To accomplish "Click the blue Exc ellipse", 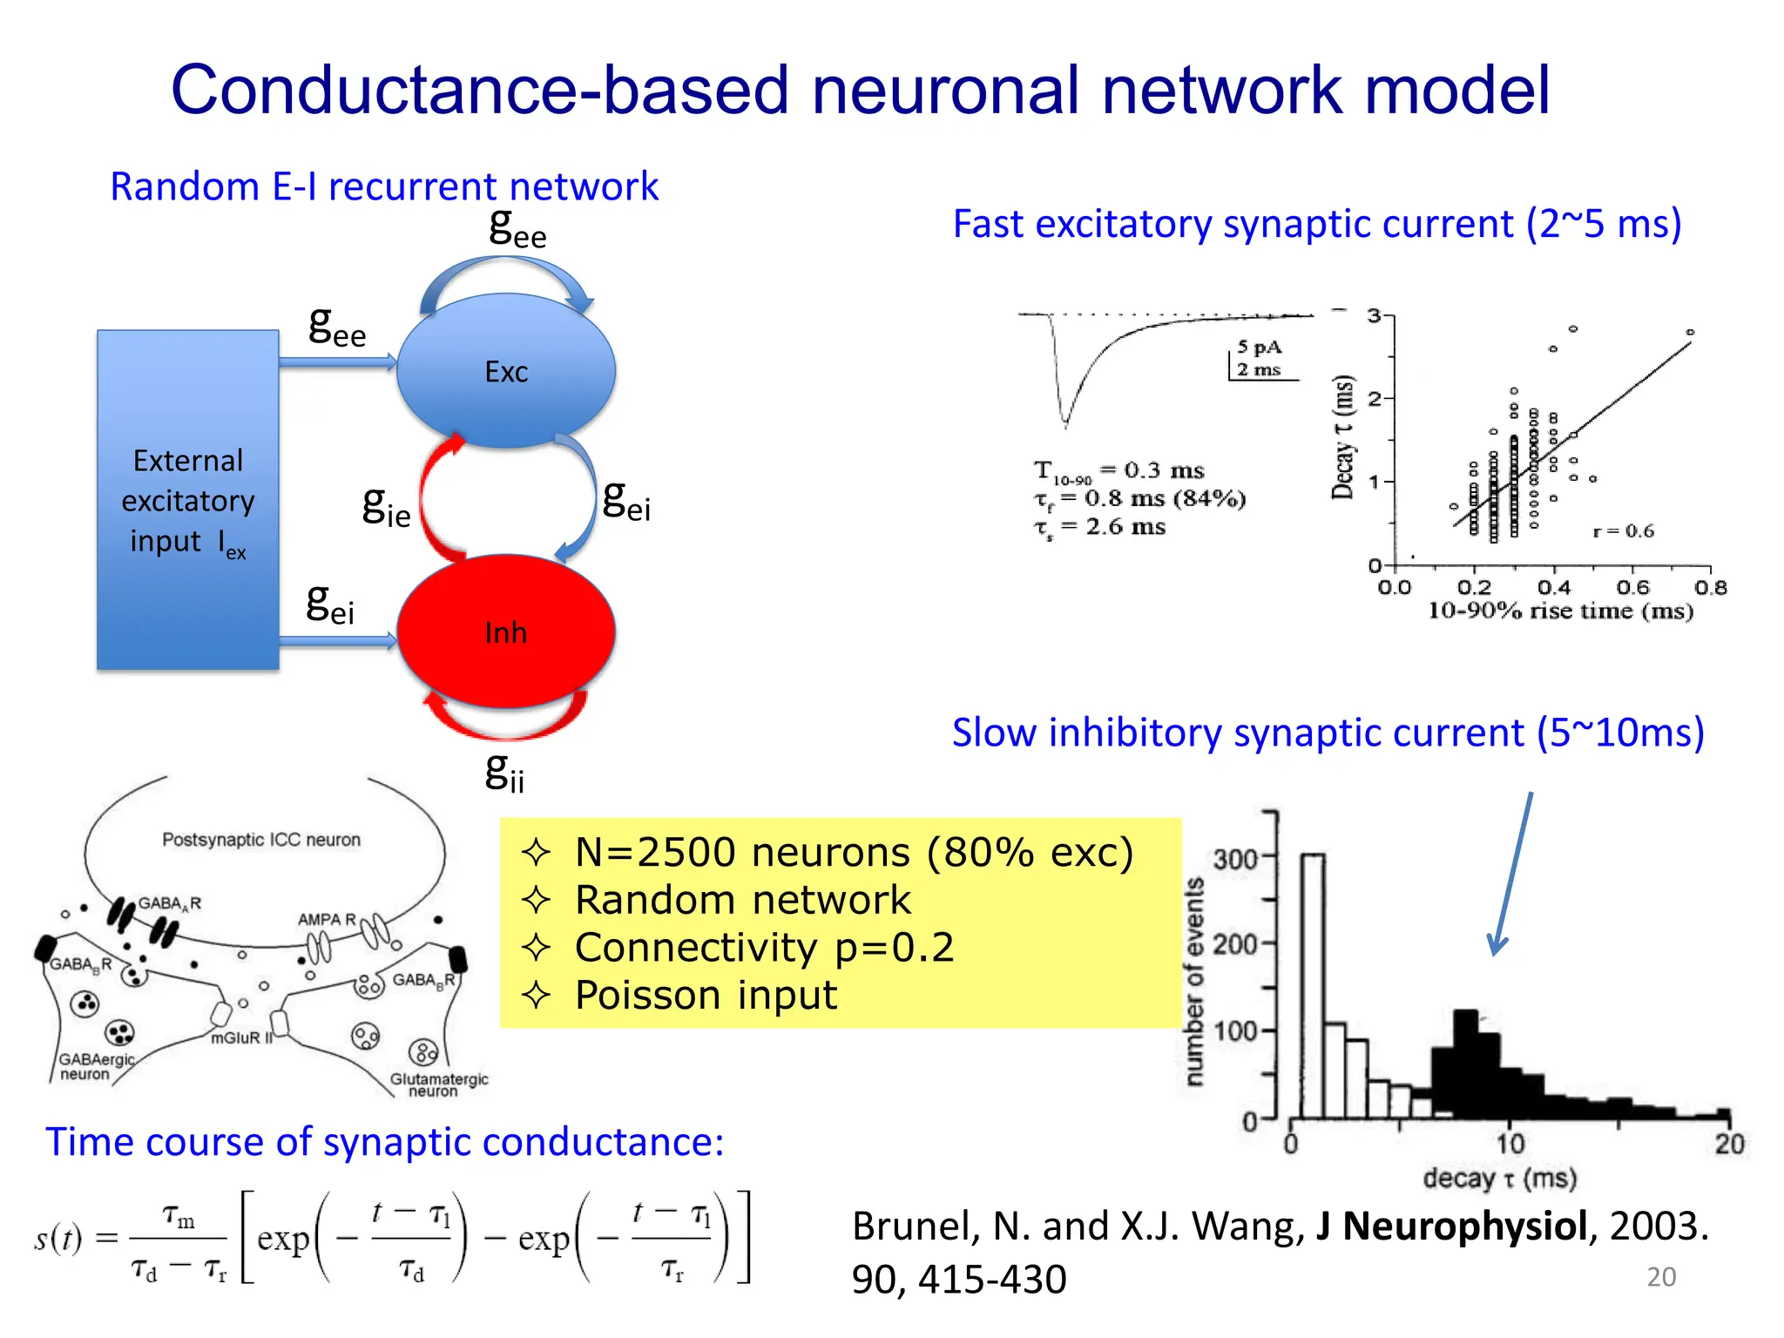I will pos(505,371).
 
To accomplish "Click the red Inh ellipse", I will pos(505,632).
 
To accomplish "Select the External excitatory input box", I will pos(187,500).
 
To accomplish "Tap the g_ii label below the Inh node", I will pos(504,772).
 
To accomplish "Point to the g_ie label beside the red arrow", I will pos(386,506).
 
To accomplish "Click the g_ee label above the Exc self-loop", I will pos(517,227).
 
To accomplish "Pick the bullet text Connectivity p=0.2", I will pos(764,948).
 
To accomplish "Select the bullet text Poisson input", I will pos(706,996).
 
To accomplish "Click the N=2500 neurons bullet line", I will pos(854,853).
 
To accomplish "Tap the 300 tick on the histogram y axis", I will pos(1235,860).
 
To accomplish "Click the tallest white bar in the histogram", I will pos(1313,984).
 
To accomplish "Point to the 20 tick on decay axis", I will pos(1729,1144).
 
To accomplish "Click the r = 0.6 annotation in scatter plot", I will pos(1623,531).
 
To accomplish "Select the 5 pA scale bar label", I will pos(1259,348).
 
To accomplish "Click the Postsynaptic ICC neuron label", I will pos(261,840).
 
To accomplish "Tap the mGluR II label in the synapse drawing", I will pos(241,1038).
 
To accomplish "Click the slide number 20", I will pos(1661,1277).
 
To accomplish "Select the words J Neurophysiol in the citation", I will pos(1451,1226).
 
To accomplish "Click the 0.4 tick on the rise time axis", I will pos(1553,588).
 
